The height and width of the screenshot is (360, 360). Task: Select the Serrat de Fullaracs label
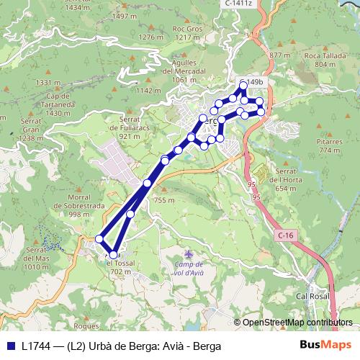coord(129,127)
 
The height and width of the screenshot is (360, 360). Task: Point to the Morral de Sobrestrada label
coord(84,205)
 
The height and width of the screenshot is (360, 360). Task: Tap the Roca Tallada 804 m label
coord(320,60)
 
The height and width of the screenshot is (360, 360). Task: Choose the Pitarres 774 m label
coord(329,146)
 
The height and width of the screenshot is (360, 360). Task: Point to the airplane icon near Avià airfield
coord(189,254)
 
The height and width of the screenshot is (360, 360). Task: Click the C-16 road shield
coord(285,235)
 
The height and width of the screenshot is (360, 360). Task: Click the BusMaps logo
coord(325,345)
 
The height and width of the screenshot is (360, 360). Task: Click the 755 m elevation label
coord(164,200)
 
